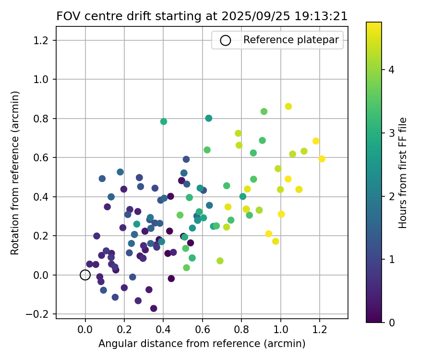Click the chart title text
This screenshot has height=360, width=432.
(x=202, y=16)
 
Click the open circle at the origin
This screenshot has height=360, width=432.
(x=85, y=275)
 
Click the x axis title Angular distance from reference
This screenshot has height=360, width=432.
(x=202, y=344)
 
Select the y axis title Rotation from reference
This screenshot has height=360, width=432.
(x=15, y=172)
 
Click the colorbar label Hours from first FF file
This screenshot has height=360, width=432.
(x=403, y=172)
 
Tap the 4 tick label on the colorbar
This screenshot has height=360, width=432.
(x=391, y=70)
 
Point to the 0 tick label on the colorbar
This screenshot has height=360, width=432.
(x=391, y=322)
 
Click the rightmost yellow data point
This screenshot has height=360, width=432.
(x=322, y=159)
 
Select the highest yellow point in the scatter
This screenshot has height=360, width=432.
(x=288, y=107)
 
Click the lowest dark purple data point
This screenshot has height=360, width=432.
(x=154, y=309)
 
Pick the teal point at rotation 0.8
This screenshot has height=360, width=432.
(x=208, y=118)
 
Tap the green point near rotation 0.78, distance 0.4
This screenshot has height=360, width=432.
(x=164, y=121)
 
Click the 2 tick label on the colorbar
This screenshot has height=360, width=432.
(x=391, y=196)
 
